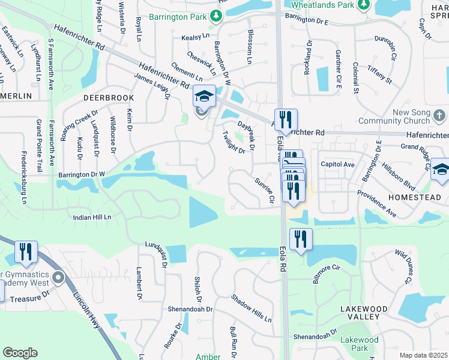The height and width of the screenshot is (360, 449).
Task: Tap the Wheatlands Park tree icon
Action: pos(363,5)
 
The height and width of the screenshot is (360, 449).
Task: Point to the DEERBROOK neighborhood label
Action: pos(109,97)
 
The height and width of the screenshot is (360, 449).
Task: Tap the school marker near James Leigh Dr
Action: pos(204,96)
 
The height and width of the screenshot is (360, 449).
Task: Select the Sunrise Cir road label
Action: pos(264,190)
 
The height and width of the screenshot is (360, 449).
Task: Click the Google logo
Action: pos(20,353)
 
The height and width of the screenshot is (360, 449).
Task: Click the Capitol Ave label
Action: pos(337,164)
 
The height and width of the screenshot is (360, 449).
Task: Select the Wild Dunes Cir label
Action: pos(403,267)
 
